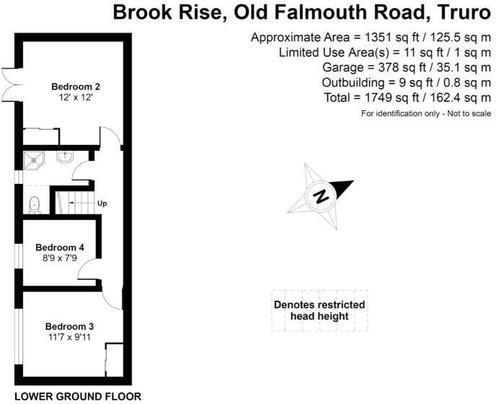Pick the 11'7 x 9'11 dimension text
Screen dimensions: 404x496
[x=69, y=338]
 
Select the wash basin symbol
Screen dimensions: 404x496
[x=63, y=156]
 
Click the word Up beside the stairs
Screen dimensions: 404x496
[x=102, y=204]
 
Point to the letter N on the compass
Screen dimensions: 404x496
[x=322, y=196]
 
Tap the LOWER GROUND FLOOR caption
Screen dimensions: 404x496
[x=78, y=396]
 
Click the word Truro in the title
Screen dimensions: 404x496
[x=461, y=12]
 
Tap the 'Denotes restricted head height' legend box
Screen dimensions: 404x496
[x=319, y=311]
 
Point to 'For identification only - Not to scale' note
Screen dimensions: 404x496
[x=426, y=114]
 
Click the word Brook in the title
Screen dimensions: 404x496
[x=143, y=12]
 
